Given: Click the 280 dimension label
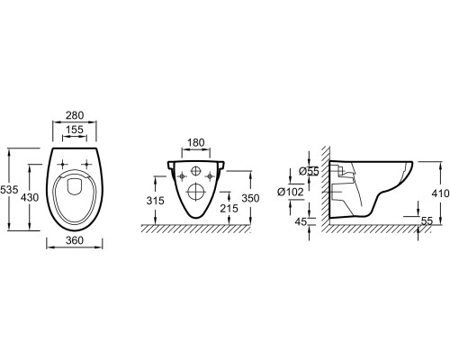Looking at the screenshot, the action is pos(75,115).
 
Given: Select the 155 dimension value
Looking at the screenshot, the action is pos(75,130).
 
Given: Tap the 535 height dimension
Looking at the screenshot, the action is pos(9,190).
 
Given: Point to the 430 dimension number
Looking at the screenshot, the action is pos(30,197).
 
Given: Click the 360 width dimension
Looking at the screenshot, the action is pos(75,240).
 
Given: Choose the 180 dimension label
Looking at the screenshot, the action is pos(195,142).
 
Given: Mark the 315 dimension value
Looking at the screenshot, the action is pos(156,201).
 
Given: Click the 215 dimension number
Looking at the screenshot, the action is pos(229,208).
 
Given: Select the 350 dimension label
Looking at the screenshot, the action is pos(250,198).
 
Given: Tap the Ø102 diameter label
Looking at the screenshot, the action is pos(291,192).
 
